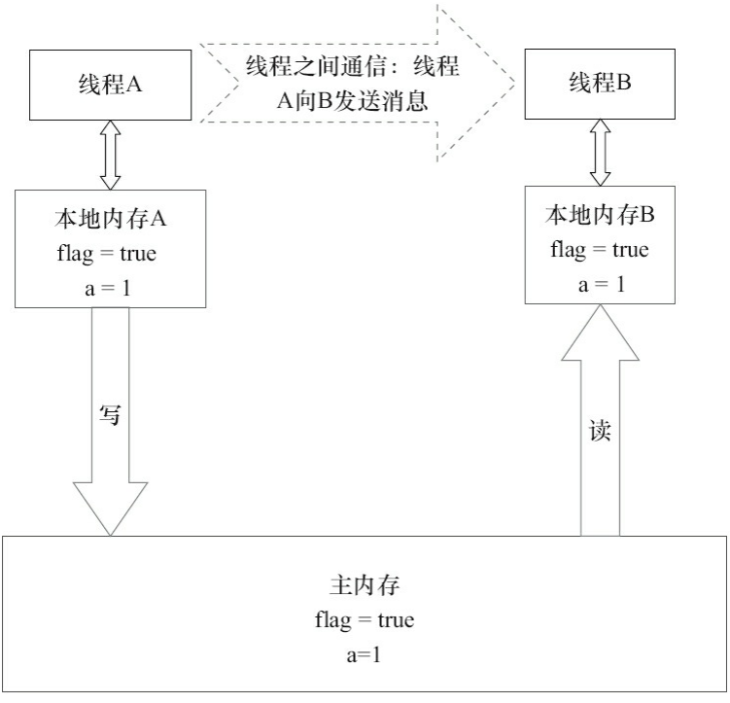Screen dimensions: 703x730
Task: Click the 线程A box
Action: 110,85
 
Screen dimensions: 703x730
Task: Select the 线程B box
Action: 600,84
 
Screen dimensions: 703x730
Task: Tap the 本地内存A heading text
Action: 110,219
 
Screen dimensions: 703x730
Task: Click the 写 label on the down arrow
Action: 110,415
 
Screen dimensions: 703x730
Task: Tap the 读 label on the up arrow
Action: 600,431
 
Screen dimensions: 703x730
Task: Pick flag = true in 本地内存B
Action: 599,250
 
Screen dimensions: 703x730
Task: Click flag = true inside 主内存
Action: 364,620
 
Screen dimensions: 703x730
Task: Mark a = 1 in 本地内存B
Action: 599,284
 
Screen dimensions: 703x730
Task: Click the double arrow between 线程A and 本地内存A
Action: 110,155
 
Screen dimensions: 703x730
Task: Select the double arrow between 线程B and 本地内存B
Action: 600,153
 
